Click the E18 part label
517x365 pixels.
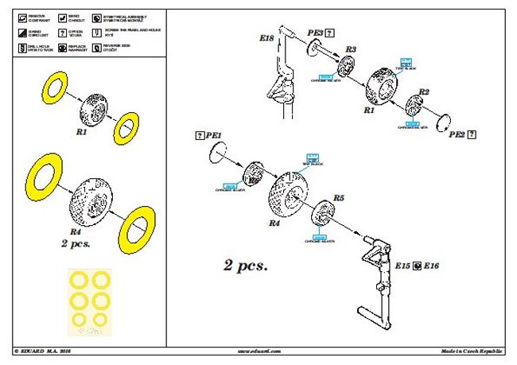(266, 37)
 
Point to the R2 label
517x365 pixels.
(424, 92)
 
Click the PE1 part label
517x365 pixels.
(214, 136)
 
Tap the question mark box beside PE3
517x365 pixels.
(330, 33)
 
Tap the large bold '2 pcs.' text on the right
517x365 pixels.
(245, 266)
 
